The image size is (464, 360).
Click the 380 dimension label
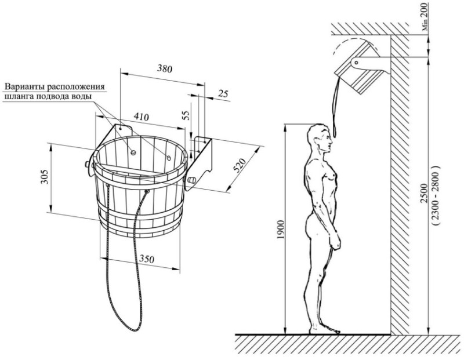tap(164, 69)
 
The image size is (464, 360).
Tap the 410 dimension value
tap(141, 117)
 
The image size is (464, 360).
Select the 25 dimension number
tap(223, 94)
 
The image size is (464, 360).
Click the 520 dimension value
tap(240, 165)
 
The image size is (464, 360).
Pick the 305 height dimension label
tap(45, 177)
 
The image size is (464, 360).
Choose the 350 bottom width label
tap(147, 259)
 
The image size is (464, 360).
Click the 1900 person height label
tap(280, 230)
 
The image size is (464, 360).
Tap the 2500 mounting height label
tap(424, 193)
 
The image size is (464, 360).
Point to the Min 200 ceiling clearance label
tap(425, 17)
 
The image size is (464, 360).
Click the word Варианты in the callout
tap(26, 87)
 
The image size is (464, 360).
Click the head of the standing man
tap(319, 138)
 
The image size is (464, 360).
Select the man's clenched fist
tap(335, 241)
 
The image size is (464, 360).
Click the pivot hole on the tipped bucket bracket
tap(357, 63)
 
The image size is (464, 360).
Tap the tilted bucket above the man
tap(357, 68)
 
